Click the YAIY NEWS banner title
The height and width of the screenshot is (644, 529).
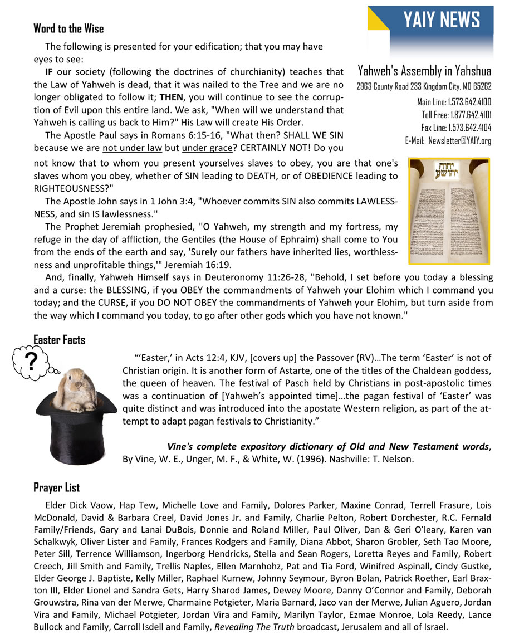442,20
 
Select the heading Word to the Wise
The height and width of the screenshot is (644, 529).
68,28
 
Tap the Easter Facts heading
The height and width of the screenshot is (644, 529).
59,339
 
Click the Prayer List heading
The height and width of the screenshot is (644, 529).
56,487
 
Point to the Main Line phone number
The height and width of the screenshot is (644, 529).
454,103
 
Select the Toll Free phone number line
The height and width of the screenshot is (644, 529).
457,115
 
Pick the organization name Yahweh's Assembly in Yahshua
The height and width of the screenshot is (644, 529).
424,71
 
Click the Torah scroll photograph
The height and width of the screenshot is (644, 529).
449,210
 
